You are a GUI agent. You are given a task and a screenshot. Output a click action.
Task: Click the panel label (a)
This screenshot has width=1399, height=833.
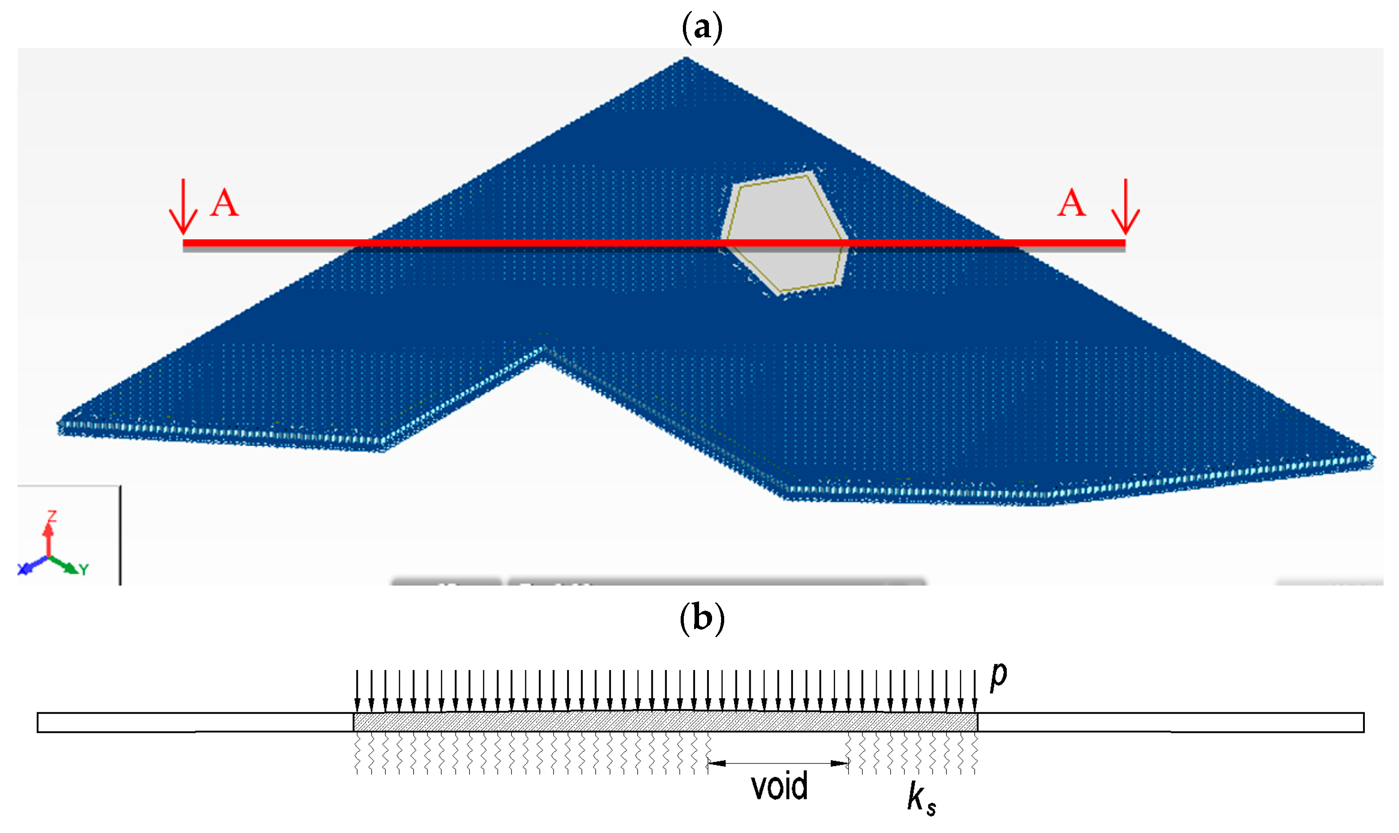[x=701, y=27]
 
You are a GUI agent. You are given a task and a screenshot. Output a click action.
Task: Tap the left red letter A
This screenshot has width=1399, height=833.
[x=224, y=203]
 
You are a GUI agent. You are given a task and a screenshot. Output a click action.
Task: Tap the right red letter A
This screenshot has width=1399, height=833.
[x=1071, y=203]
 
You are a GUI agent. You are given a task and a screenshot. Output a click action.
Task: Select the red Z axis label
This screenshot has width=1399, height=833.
[x=52, y=516]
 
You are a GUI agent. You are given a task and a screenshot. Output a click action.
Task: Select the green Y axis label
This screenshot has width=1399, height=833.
[x=84, y=570]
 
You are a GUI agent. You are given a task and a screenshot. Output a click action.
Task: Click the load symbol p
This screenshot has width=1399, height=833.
[x=998, y=675]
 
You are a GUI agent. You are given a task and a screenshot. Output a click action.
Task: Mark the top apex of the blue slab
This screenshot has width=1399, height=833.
[x=686, y=58]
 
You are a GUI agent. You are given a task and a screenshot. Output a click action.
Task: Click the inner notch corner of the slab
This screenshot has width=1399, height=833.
[x=542, y=351]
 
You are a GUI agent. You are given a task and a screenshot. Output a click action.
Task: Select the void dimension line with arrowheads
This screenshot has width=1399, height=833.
[x=779, y=763]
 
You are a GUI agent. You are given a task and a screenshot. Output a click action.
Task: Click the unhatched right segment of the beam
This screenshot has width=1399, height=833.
[x=1170, y=723]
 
